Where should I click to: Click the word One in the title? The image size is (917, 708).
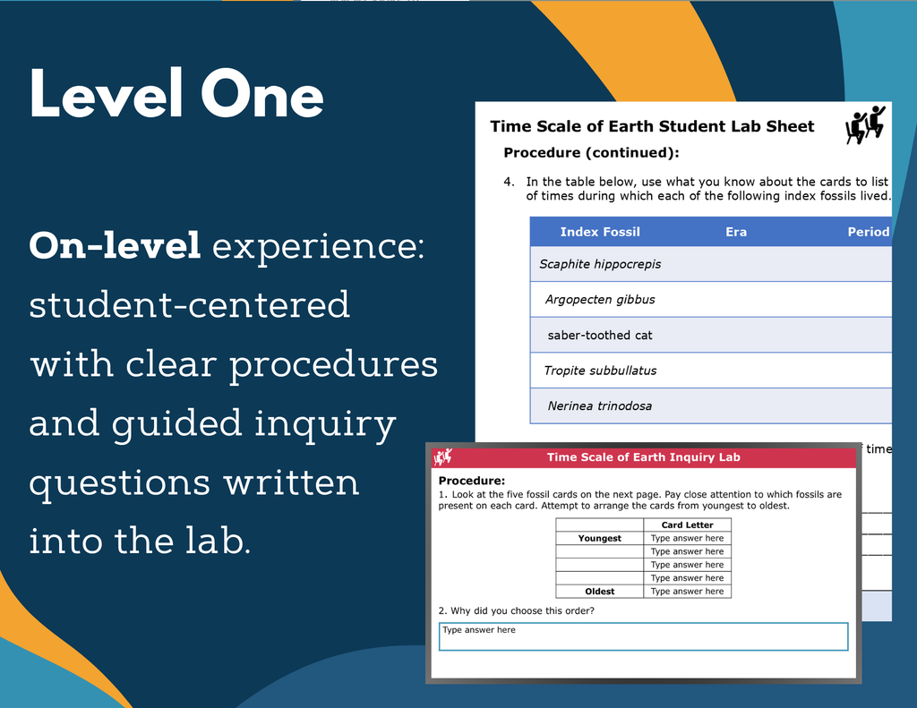coord(262,94)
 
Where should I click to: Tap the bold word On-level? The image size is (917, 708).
coord(116,245)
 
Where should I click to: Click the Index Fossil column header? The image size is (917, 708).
coord(600,232)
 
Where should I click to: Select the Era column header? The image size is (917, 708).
coord(736,232)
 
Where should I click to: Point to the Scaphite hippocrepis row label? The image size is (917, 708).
coord(600,264)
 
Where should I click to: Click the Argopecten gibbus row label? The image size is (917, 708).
coord(600,300)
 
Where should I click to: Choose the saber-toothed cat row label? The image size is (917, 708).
coord(600,335)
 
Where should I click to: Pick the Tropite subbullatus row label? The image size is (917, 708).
coord(600,371)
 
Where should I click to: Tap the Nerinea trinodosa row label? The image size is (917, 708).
coord(600,405)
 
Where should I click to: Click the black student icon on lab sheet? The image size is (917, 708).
coord(866,124)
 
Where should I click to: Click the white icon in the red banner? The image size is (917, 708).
coord(442,456)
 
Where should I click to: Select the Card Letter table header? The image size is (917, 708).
coord(687,525)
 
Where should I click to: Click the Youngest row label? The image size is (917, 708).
coord(599,538)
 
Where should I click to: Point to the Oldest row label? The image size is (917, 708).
coord(599,591)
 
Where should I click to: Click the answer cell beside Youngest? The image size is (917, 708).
coord(687,538)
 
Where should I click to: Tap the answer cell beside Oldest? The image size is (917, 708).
coord(687,591)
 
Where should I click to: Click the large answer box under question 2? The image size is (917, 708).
coord(643,636)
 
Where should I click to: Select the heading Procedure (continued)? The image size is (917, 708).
coord(591,152)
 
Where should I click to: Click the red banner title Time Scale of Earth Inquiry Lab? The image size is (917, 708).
coord(643,457)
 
